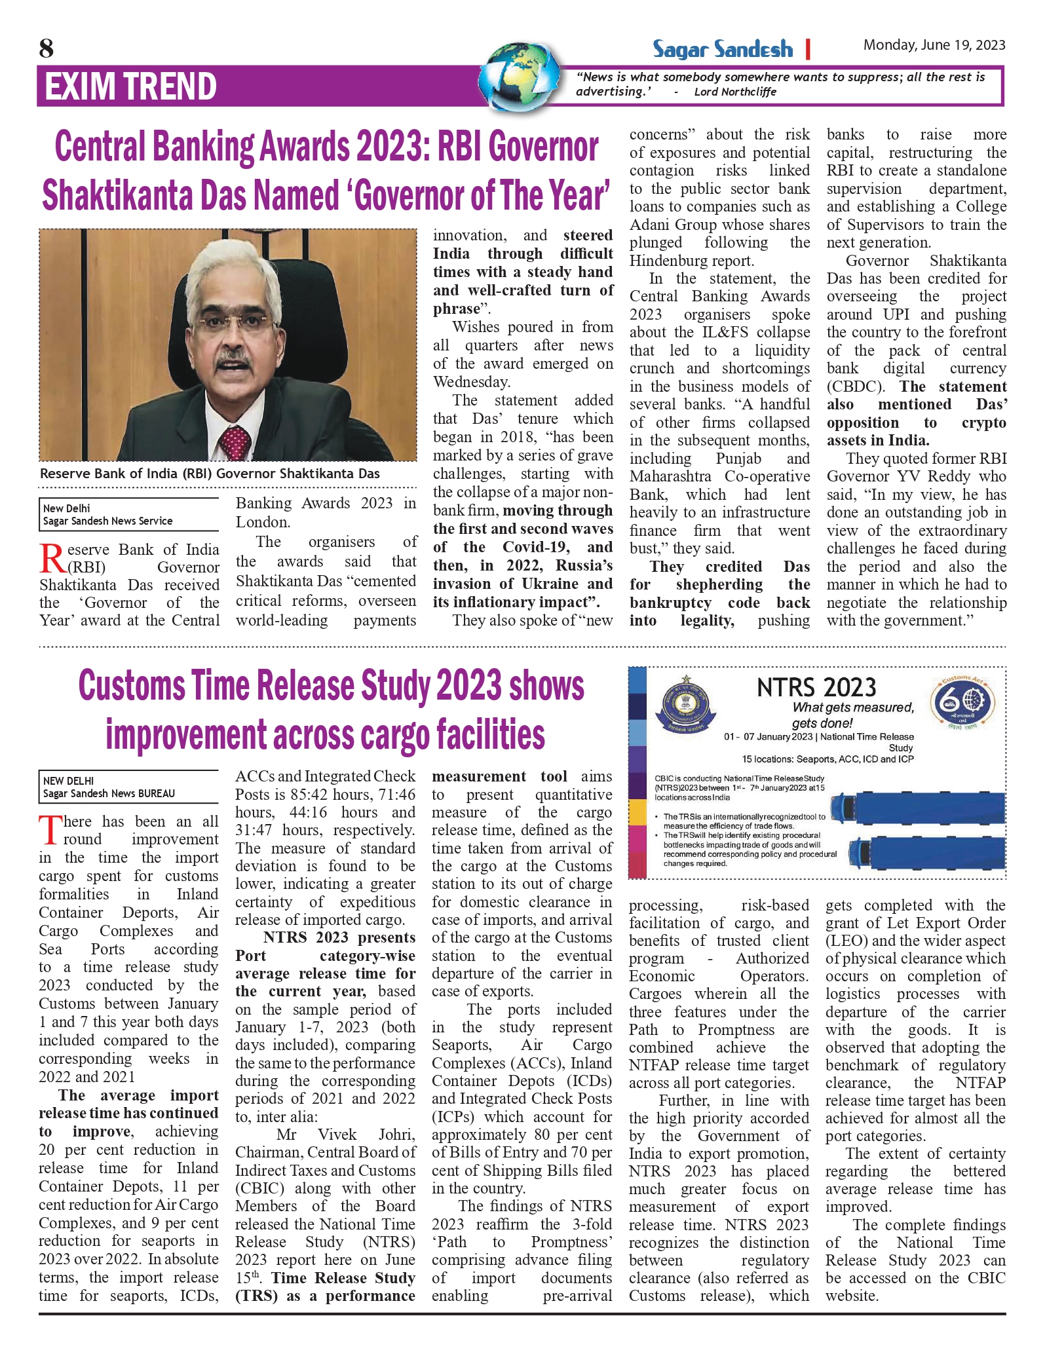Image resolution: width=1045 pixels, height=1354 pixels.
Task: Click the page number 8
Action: coord(47,48)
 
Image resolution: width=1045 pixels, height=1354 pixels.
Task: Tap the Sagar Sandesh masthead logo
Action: coord(722,49)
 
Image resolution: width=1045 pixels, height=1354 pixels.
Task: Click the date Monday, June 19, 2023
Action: coord(934,45)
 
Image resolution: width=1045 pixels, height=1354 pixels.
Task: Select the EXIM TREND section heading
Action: coord(130,87)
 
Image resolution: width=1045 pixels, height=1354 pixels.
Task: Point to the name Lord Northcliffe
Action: coord(735,92)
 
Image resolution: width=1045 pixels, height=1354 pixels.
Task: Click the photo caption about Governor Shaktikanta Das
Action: coord(210,474)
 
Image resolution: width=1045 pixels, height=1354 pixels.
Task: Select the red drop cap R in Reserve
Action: coord(52,558)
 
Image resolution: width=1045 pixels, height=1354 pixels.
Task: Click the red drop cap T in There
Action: coord(50,831)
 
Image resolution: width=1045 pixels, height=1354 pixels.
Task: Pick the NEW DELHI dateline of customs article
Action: coord(68,781)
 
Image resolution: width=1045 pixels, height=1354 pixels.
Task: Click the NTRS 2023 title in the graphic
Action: coord(816,688)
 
